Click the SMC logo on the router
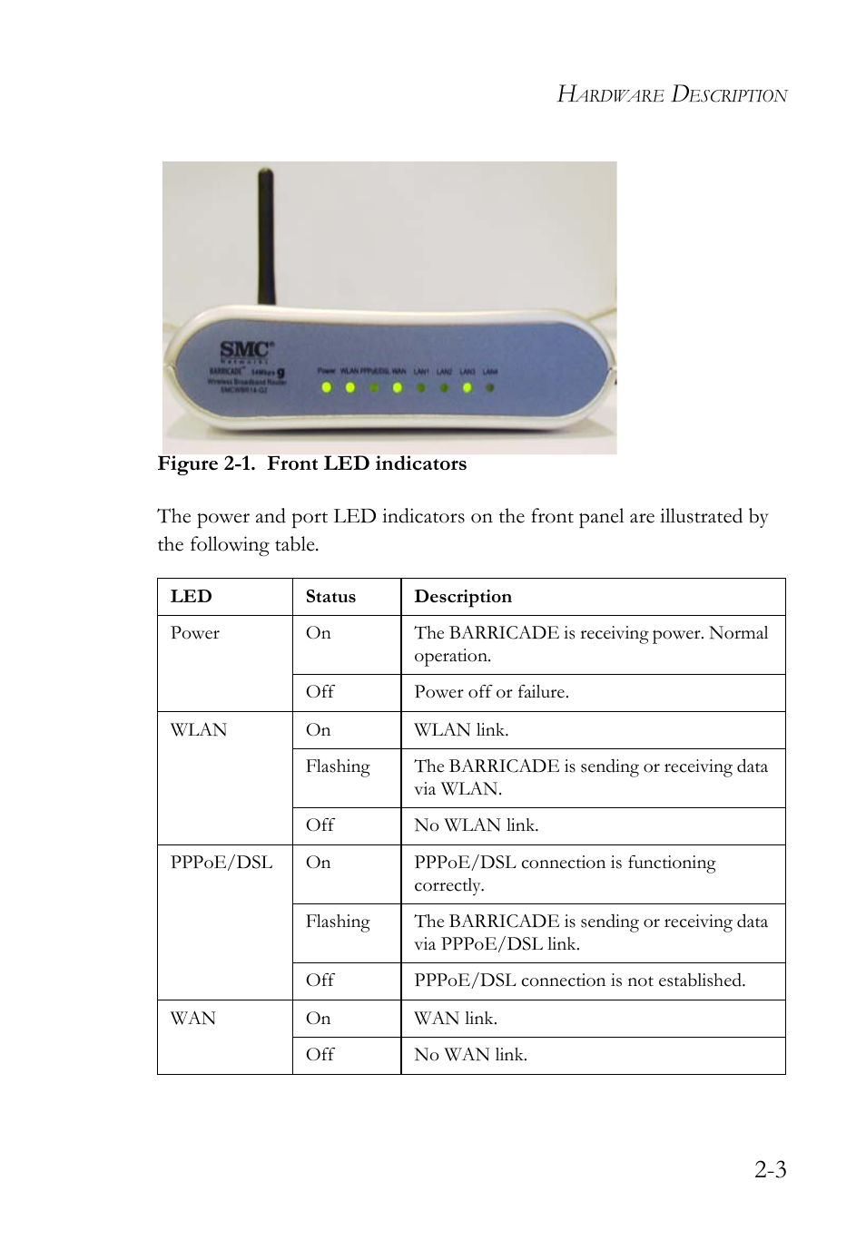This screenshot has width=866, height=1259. tap(246, 350)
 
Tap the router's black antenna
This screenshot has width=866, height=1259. tap(266, 236)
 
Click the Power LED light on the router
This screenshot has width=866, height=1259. tap(327, 387)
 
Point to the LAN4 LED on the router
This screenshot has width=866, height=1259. tap(490, 387)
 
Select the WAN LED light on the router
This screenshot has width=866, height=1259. tap(397, 387)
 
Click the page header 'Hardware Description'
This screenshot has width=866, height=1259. tap(672, 94)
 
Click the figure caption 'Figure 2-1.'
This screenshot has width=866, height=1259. tap(206, 464)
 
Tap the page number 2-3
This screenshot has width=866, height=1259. tap(770, 1169)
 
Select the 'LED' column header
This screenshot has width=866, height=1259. tap(191, 597)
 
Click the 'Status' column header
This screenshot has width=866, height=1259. tap(330, 597)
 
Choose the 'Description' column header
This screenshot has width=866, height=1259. tap(463, 597)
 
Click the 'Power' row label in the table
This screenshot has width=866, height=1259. tap(195, 633)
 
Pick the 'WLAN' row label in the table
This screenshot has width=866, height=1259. tap(199, 730)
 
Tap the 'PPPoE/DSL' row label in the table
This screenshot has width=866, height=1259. tap(221, 863)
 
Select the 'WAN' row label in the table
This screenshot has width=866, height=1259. tap(193, 1019)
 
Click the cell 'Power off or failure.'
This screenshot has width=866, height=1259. tap(491, 692)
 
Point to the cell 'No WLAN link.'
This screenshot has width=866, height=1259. tap(476, 825)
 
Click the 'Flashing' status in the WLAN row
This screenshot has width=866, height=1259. tap(338, 766)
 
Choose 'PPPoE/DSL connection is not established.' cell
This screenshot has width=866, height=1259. tap(579, 981)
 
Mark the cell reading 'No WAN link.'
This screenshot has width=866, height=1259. tap(470, 1055)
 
